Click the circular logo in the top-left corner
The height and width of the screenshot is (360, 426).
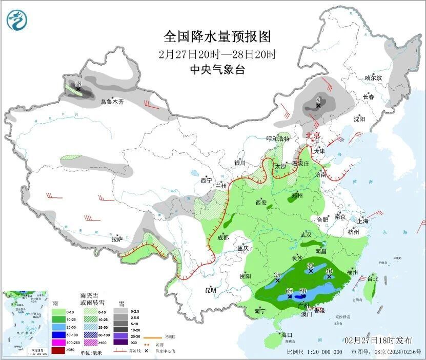click(18, 20)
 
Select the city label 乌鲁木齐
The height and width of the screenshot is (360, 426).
click(112, 102)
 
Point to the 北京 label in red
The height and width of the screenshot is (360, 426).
click(313, 135)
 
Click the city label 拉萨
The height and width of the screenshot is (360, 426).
click(117, 239)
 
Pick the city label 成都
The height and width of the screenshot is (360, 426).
click(222, 237)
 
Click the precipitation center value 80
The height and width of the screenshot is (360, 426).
click(302, 291)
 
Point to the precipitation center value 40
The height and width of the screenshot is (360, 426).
click(329, 271)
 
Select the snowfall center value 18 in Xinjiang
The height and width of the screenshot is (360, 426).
click(78, 84)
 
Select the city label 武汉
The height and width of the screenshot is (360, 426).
click(306, 234)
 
